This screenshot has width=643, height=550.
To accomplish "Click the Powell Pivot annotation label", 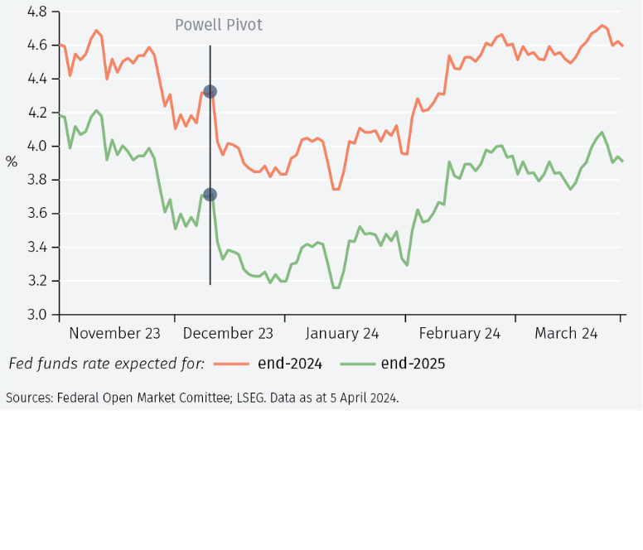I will coord(219,25).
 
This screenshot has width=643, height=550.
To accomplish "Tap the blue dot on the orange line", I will coord(210,92).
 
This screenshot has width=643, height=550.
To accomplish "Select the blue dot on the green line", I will coord(210,195).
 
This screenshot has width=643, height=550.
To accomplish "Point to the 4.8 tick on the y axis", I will coord(37,12).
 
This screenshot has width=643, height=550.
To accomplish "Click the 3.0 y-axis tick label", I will coord(37,315).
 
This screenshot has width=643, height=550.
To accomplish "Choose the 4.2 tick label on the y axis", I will coord(37,113).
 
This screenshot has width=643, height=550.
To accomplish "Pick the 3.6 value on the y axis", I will coord(37,214).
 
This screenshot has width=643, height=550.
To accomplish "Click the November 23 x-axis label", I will coord(114,334).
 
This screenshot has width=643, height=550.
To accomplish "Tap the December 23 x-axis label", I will coord(228,334).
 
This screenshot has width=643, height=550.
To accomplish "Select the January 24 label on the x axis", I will coord(341,334).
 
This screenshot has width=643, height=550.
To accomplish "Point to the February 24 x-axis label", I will coord(460,334).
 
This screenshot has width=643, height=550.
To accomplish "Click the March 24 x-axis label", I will coord(566,334).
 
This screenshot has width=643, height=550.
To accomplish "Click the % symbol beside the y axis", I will coord(12,162).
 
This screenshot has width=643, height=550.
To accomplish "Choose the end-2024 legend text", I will coord(289,364).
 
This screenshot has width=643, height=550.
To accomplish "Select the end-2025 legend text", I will coord(413,364).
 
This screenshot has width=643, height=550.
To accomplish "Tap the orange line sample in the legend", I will coord(232,364).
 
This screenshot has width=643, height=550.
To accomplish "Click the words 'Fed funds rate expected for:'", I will coord(106,364).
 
